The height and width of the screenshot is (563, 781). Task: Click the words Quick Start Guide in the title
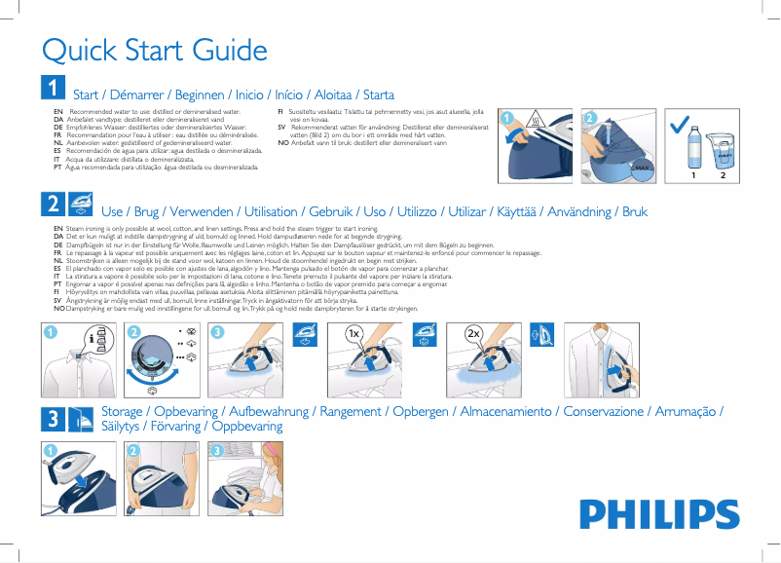[x=154, y=50]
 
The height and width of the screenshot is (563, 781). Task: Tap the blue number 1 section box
[x=53, y=89]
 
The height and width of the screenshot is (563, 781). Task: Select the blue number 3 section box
[x=53, y=419]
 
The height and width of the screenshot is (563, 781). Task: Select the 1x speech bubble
[x=356, y=333]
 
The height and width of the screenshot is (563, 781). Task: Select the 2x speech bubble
[x=475, y=333]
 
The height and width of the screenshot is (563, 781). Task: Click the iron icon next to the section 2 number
[x=81, y=204]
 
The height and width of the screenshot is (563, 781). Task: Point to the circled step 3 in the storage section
[x=218, y=450]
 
